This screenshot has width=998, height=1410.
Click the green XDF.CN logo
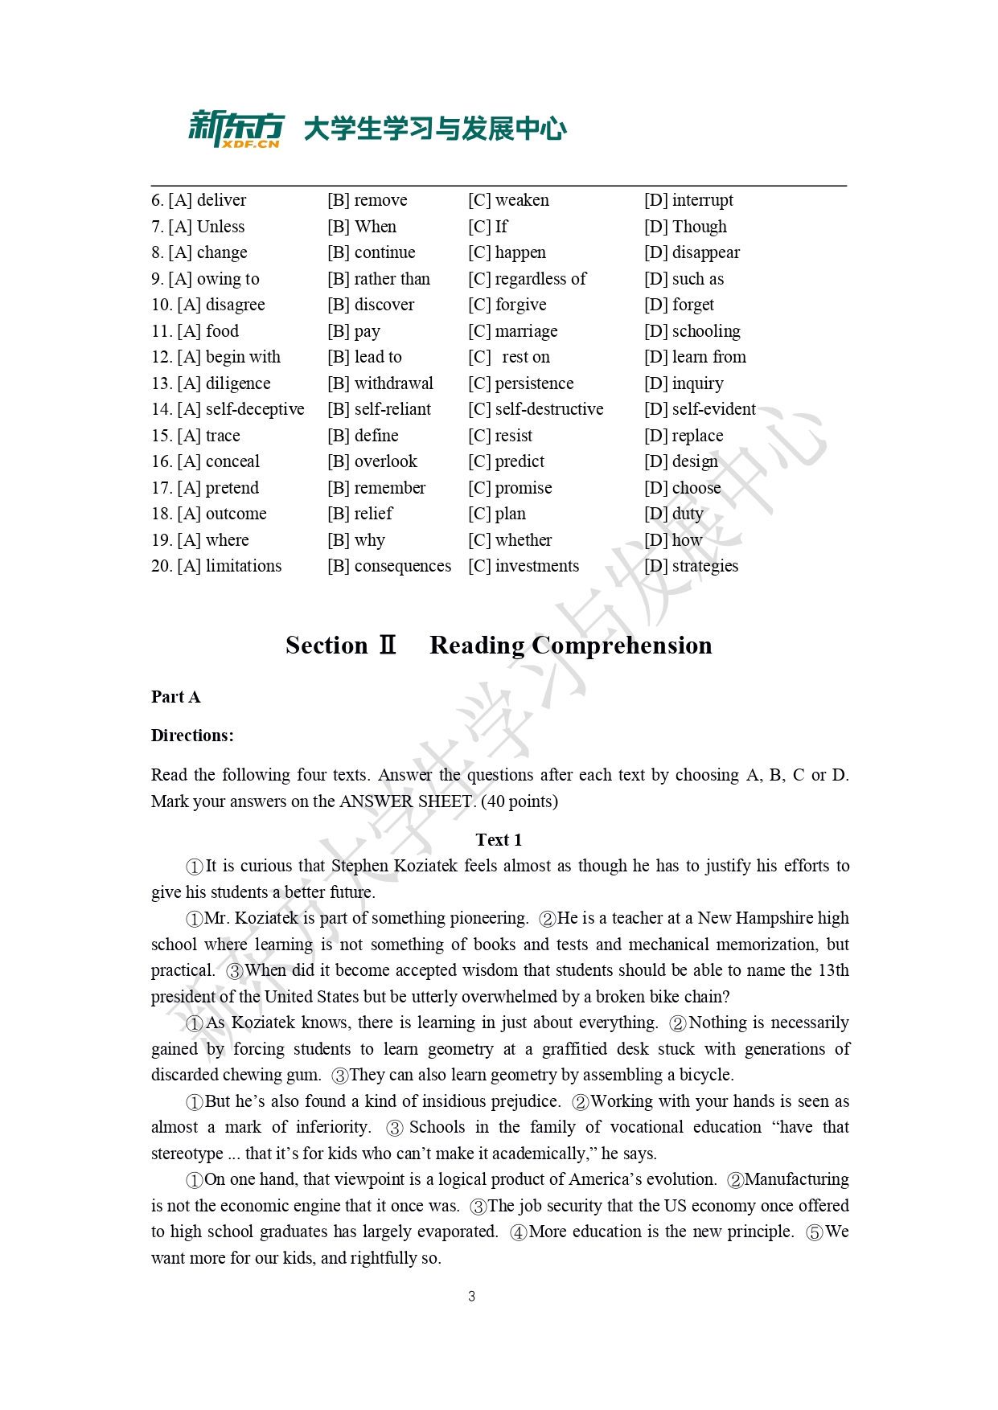pos(236,129)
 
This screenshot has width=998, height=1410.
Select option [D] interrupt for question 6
pos(688,200)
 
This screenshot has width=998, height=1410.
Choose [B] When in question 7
pos(362,227)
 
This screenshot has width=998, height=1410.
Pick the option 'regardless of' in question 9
pos(528,279)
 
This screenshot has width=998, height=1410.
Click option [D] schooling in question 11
pos(692,331)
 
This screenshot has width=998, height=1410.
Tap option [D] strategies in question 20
pos(691,566)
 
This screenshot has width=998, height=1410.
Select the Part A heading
pos(175,697)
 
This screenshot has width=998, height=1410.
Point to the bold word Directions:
pos(192,736)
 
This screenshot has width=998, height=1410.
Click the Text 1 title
pos(499,840)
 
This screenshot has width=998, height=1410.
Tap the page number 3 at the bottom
pos(471,1296)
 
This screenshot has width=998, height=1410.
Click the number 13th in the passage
pos(833,970)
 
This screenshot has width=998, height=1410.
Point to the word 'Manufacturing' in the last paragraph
pos(796,1179)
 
